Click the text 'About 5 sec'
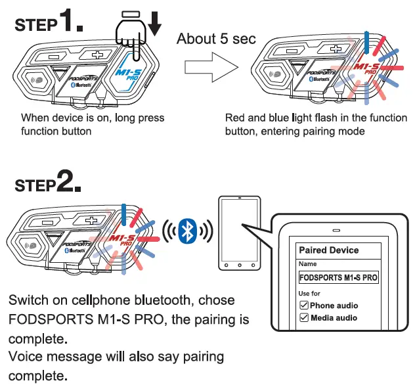pos(216,38)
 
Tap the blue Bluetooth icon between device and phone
pos(188,231)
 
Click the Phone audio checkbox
pos(303,306)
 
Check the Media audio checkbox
pos(303,318)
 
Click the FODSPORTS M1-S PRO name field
pos(338,278)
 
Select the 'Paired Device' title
pos(328,250)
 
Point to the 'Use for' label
pos(310,293)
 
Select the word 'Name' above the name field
pos(307,264)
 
